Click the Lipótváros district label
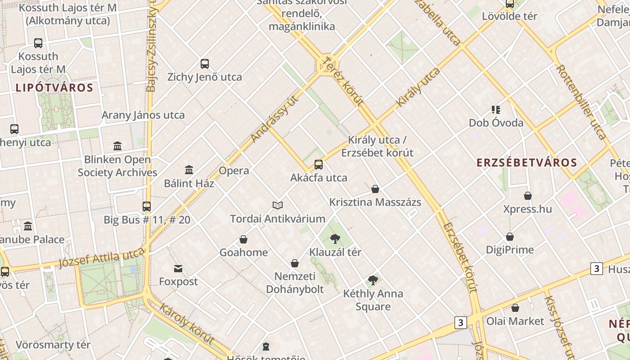[54, 87]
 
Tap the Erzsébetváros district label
[526, 162]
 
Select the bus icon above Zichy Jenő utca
[205, 64]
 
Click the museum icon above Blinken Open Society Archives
[117, 146]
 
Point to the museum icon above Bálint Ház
[189, 170]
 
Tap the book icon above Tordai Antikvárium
[278, 206]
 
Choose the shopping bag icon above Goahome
[243, 239]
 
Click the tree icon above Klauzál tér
[335, 239]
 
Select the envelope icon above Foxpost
[178, 269]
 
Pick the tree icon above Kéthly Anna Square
[373, 281]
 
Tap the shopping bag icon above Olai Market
[515, 308]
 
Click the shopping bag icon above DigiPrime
[510, 237]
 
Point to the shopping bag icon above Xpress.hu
[528, 196]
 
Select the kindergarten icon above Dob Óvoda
[496, 109]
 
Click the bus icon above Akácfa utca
[319, 164]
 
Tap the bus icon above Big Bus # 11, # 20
[147, 207]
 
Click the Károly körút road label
[186, 324]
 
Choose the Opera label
[234, 171]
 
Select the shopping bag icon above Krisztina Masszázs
[375, 189]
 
